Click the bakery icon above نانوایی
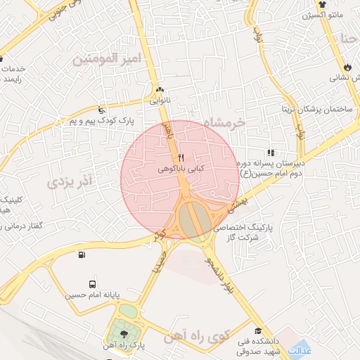click(160, 89)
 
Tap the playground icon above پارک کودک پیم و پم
click(103, 110)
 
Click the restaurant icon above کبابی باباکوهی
click(181, 157)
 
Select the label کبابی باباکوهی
click(172, 169)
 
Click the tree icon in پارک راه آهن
click(124, 334)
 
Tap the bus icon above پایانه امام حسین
click(83, 255)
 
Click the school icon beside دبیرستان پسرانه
click(271, 153)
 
